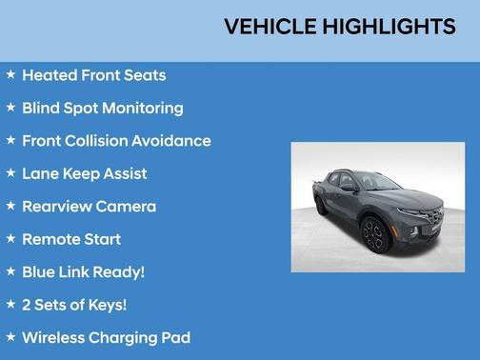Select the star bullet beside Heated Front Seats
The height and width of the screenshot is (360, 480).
[x=10, y=74]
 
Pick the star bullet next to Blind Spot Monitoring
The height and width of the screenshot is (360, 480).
[x=10, y=108]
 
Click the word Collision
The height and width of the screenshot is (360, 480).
[x=105, y=141]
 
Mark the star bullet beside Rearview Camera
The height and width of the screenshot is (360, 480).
[x=10, y=206]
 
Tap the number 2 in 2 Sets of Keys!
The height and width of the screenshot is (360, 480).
[x=27, y=305]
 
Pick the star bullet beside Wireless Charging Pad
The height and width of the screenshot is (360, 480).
[x=10, y=337]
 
